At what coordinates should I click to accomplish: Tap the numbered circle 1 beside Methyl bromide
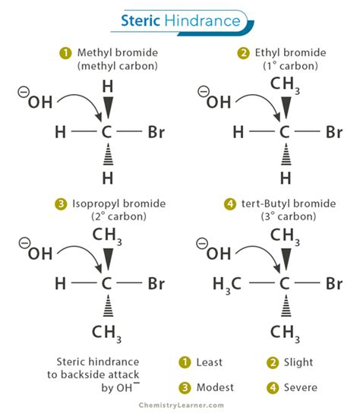tap(67, 53)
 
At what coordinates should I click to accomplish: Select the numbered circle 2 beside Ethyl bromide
tap(243, 53)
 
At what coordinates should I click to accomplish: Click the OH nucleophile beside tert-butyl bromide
tap(214, 253)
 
